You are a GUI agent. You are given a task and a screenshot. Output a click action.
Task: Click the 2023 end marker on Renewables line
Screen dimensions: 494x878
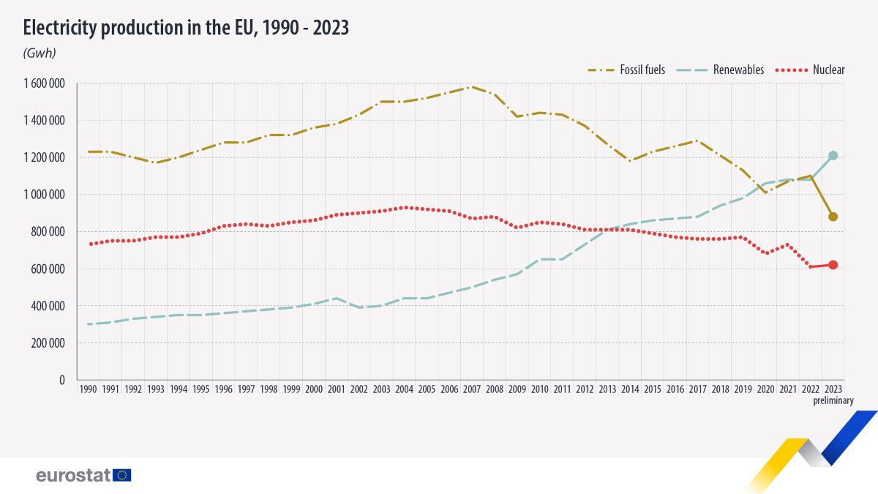pyautogui.click(x=833, y=155)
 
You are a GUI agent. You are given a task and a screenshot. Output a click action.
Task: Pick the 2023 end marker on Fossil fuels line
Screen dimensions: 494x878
pyautogui.click(x=833, y=217)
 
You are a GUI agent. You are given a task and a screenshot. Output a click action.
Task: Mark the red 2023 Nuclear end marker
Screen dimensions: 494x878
pyautogui.click(x=833, y=265)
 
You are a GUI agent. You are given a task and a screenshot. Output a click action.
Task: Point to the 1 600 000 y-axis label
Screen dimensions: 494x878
pyautogui.click(x=45, y=83)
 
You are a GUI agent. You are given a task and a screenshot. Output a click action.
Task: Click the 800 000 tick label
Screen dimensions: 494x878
pyautogui.click(x=49, y=232)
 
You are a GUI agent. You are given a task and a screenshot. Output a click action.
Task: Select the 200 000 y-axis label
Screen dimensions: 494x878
pyautogui.click(x=49, y=343)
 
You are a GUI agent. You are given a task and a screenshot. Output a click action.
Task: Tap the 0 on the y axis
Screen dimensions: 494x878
pyautogui.click(x=63, y=381)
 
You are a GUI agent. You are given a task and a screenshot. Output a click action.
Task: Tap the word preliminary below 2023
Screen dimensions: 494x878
pyautogui.click(x=833, y=400)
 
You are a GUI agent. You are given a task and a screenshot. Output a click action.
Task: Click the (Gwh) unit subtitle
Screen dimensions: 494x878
pyautogui.click(x=40, y=53)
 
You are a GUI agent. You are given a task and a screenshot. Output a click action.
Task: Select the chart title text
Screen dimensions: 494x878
pyautogui.click(x=186, y=28)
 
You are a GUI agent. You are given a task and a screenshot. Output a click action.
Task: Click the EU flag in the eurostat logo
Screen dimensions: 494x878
pyautogui.click(x=122, y=475)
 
